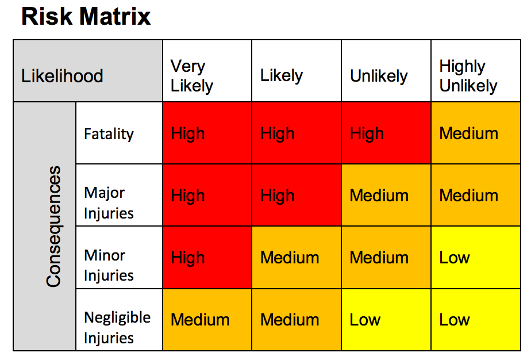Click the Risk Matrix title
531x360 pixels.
click(86, 17)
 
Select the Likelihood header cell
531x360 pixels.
click(87, 71)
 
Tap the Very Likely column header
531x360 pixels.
click(207, 71)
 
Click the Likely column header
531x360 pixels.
click(297, 71)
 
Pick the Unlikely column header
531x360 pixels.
click(386, 71)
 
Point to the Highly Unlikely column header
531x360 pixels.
click(476, 71)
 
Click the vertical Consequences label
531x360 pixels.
click(53, 227)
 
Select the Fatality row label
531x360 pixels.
click(119, 133)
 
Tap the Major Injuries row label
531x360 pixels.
click(119, 196)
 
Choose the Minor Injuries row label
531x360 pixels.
click(119, 258)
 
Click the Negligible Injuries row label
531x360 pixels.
click(119, 320)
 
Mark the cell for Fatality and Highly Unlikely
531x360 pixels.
click(476, 133)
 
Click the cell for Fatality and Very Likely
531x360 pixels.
click(207, 133)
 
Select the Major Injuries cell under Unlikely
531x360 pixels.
click(386, 196)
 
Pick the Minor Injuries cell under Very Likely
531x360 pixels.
click(207, 258)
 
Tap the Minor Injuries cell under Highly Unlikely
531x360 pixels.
click(476, 258)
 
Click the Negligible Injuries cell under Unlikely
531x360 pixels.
click(386, 320)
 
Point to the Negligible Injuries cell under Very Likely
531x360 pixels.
click(207, 320)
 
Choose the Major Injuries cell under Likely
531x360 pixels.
click(297, 196)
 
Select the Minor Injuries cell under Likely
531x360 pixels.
click(297, 258)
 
